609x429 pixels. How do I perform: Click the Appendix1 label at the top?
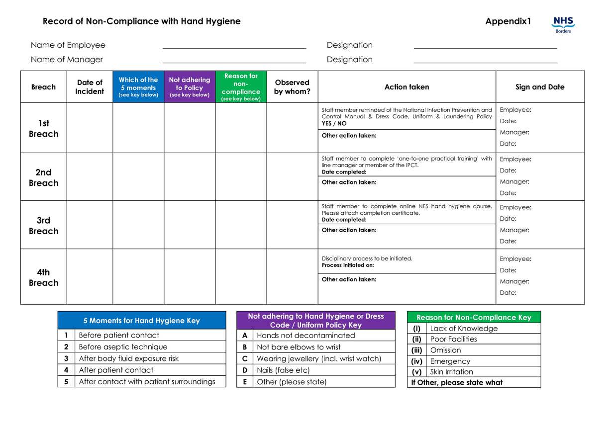(508, 21)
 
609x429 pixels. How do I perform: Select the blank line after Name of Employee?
(234, 46)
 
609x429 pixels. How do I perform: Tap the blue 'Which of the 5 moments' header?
(138, 86)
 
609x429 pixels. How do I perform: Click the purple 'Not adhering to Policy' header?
(190, 86)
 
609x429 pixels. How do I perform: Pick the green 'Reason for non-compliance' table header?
(241, 86)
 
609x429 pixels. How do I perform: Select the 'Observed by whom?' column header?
(292, 86)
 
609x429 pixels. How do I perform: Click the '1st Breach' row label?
(43, 128)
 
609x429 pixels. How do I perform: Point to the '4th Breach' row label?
(43, 277)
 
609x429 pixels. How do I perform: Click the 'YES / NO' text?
(334, 123)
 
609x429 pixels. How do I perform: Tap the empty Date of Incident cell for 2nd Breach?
(90, 177)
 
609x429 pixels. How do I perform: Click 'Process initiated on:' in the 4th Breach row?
(348, 265)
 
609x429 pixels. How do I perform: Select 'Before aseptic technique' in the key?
(123, 347)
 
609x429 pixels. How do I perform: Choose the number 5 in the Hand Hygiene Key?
(66, 382)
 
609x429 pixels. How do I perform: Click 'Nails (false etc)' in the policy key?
(283, 370)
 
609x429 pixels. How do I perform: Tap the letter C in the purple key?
(245, 358)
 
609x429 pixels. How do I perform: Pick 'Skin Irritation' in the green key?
(451, 372)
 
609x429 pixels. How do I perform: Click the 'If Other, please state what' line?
(457, 382)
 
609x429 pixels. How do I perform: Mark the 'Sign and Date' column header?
(540, 87)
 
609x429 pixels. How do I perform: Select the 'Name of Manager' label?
(67, 60)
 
